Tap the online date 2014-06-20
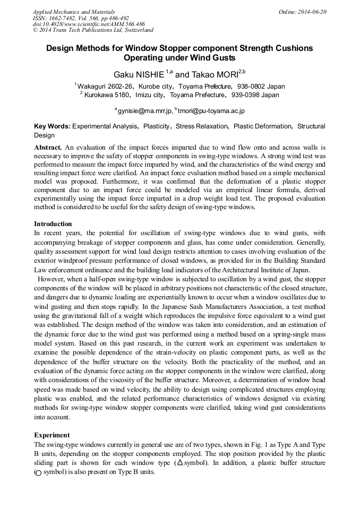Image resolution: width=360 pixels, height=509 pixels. [x=311, y=11]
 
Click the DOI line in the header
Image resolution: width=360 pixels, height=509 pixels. [x=88, y=24]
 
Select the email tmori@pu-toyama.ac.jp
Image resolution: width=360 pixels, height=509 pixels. [x=211, y=110]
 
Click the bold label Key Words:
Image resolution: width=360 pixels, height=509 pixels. [x=52, y=126]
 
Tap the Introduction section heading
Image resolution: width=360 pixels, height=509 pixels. [x=53, y=224]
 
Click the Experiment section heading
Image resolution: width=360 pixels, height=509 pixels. [x=52, y=435]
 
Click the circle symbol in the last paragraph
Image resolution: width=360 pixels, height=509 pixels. [x=38, y=472]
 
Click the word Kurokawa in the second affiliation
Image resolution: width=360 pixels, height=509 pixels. [x=100, y=95]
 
